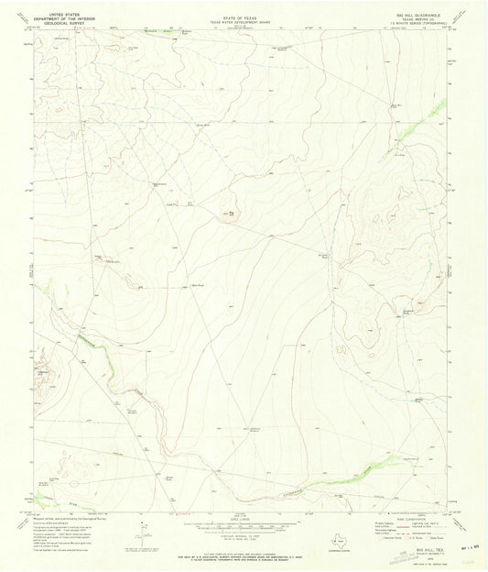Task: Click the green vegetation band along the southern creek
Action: click(x=339, y=481)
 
